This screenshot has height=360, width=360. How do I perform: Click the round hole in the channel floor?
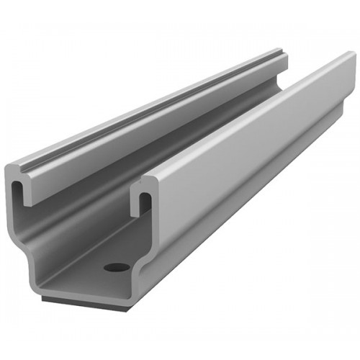(x=117, y=267)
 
